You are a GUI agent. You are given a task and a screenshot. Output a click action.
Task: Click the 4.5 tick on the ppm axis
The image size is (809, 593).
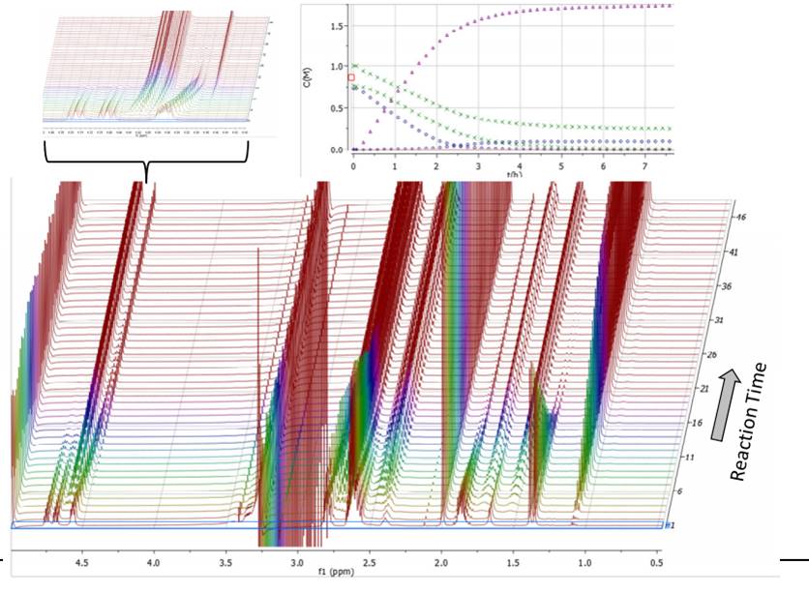click(x=82, y=557)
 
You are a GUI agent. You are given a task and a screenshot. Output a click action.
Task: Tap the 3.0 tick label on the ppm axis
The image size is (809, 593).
click(x=297, y=557)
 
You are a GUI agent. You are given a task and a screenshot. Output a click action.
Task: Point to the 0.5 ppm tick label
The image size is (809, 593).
click(x=656, y=557)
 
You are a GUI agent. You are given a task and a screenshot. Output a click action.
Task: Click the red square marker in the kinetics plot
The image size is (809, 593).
click(x=351, y=77)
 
